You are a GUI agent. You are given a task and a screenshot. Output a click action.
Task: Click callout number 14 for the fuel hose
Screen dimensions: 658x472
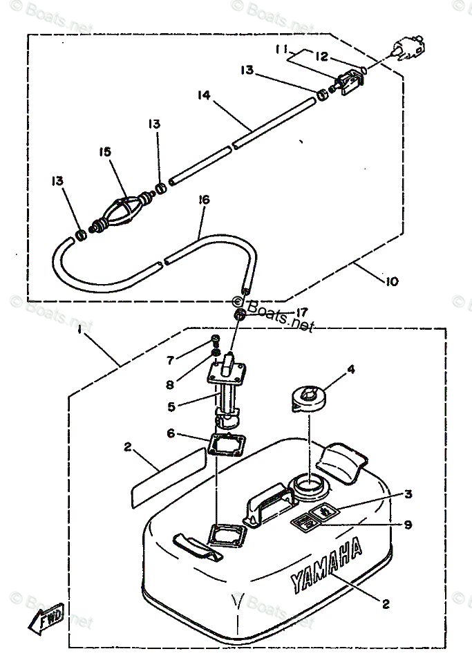(x=202, y=96)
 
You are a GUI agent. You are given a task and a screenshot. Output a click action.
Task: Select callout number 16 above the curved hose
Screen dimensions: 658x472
(x=202, y=200)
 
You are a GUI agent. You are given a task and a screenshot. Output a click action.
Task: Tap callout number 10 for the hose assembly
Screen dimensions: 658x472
(x=392, y=281)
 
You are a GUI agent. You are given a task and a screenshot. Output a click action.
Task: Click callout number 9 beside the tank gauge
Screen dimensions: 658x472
(x=408, y=525)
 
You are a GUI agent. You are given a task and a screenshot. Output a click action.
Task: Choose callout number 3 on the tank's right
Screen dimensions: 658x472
(x=408, y=494)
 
